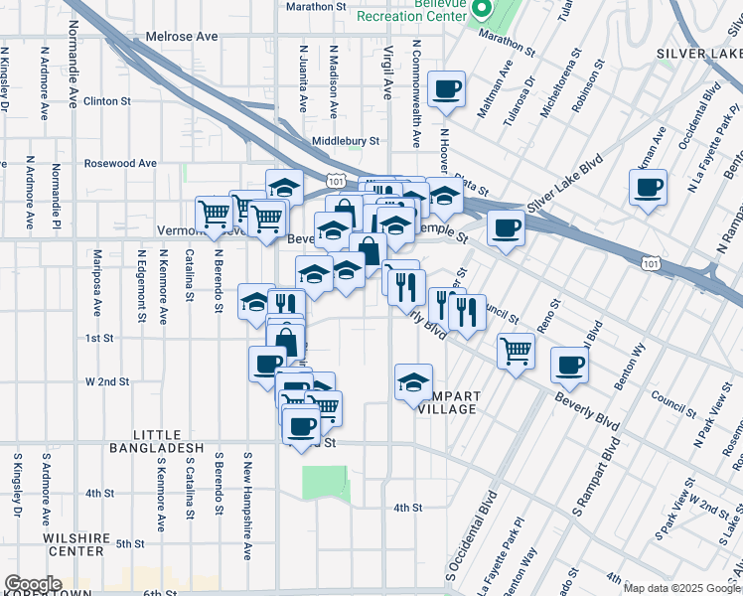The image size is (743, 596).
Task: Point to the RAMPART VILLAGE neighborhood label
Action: [449, 402]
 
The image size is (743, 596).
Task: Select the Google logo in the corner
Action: [33, 584]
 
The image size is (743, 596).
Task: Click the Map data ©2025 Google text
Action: [680, 588]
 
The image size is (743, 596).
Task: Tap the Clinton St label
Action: [107, 101]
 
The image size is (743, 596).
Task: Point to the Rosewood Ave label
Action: [120, 163]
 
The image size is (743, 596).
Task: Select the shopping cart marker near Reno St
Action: [516, 350]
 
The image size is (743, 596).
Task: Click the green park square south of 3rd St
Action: [326, 481]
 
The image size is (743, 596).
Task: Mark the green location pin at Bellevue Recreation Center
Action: [482, 10]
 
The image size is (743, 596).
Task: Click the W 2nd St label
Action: [107, 381]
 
